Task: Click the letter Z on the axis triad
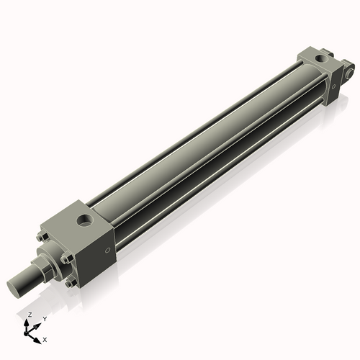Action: pyautogui.click(x=30, y=315)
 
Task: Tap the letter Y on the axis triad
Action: pyautogui.click(x=45, y=318)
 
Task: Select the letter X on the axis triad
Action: pyautogui.click(x=45, y=338)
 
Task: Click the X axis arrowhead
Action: pyautogui.click(x=38, y=336)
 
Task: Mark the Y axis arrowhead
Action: pyautogui.click(x=39, y=323)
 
